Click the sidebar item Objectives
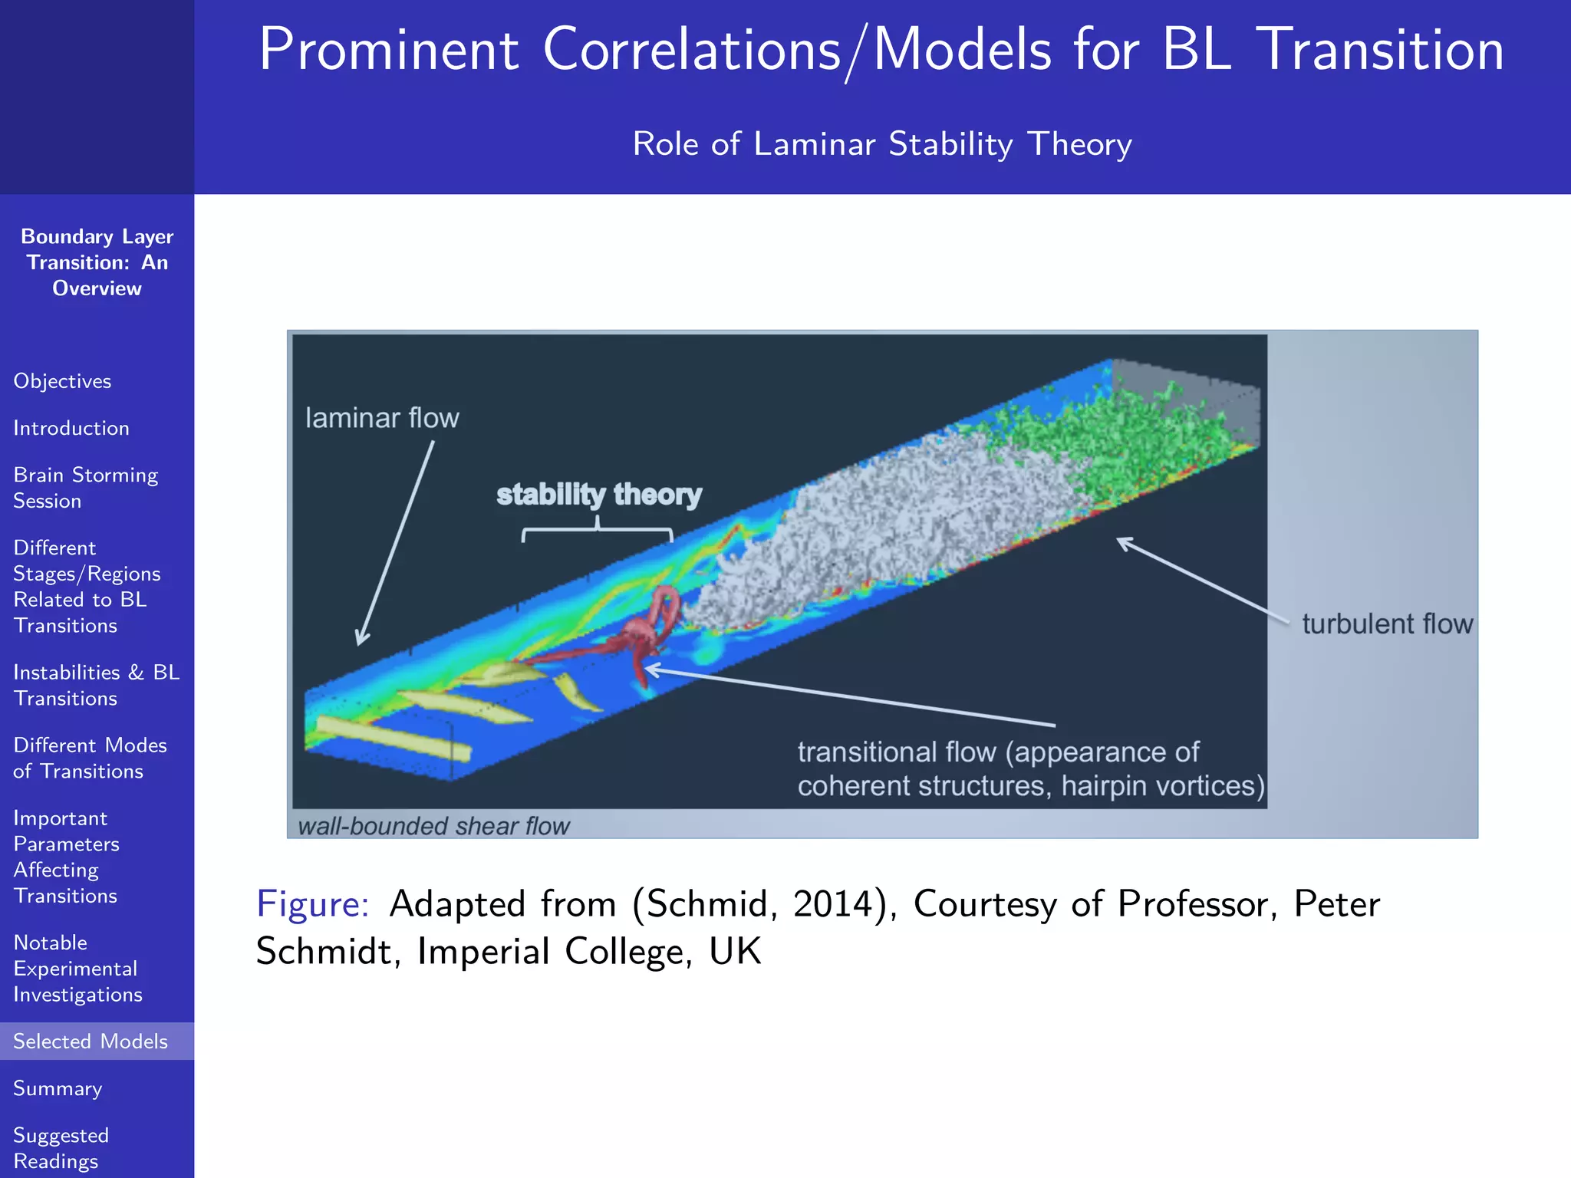pyautogui.click(x=62, y=381)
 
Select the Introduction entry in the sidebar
pyautogui.click(x=71, y=428)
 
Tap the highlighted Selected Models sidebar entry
pyautogui.click(x=91, y=1041)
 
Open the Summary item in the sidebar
pyautogui.click(x=58, y=1088)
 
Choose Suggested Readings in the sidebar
pyautogui.click(x=61, y=1147)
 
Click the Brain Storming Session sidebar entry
pyautogui.click(x=85, y=488)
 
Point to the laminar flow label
pyautogui.click(x=382, y=418)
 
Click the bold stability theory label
pyautogui.click(x=599, y=495)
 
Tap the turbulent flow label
pyautogui.click(x=1387, y=624)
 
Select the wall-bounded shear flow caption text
pyautogui.click(x=433, y=826)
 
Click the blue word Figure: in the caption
pyautogui.click(x=313, y=903)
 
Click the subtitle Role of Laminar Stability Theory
pyautogui.click(x=882, y=144)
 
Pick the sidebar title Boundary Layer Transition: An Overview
pyautogui.click(x=97, y=262)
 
